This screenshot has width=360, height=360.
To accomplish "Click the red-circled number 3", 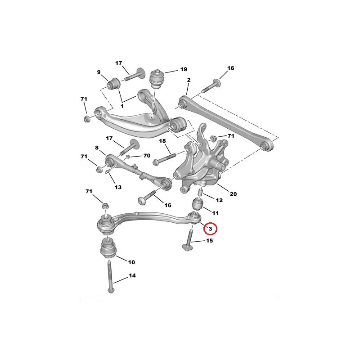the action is point(210,229).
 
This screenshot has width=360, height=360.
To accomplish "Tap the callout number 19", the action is point(184,69).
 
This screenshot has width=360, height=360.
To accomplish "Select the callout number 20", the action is point(233,194).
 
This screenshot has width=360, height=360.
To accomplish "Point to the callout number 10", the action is point(131,262).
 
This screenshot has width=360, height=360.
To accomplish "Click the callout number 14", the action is point(132,275).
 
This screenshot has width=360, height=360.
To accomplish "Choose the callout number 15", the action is point(209,241).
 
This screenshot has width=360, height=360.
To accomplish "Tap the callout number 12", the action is point(219,200).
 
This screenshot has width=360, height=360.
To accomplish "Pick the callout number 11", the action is point(215,213).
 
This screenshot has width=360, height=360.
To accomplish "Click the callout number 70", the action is point(147,156).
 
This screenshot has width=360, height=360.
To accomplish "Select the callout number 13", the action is point(118,187).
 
